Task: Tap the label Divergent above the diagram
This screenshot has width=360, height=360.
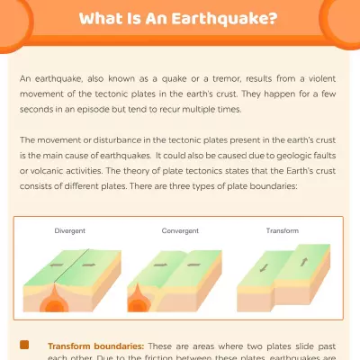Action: [x=69, y=231]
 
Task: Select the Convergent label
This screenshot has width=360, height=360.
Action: [x=180, y=231]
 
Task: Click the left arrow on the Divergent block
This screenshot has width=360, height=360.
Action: [x=56, y=266]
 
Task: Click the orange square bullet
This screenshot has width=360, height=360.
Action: [x=24, y=345]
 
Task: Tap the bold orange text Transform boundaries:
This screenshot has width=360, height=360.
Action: [x=95, y=346]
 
